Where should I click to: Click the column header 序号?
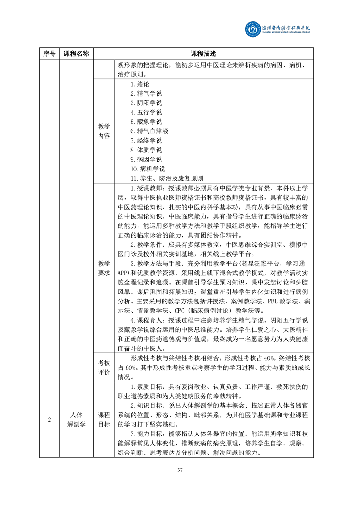49,54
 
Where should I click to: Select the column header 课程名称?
76,54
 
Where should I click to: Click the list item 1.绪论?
139,84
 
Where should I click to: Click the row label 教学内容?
104,131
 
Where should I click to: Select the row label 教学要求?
104,268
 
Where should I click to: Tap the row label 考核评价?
104,367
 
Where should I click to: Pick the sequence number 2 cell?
49,419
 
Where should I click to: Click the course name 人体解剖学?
76,419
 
